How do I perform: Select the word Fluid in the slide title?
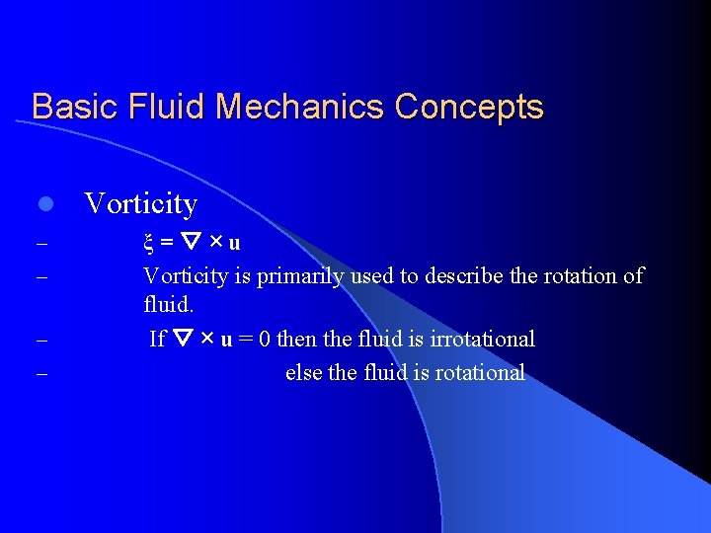pos(153,107)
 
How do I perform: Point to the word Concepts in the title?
pos(470,107)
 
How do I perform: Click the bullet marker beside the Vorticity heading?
pos(43,205)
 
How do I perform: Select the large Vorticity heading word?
pos(141,204)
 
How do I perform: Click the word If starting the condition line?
pos(157,340)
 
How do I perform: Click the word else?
pos(301,373)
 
